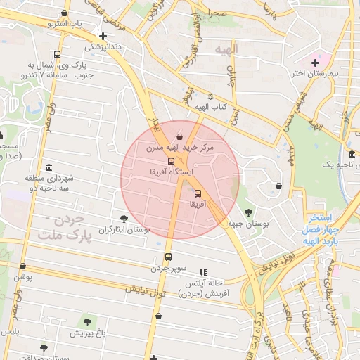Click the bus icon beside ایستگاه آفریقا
tap(172, 161)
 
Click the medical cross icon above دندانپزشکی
tap(103, 36)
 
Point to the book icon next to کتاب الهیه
tap(209, 96)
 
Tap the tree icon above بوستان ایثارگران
tap(124, 219)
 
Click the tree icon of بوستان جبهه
tap(248, 212)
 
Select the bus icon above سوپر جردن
tap(168, 257)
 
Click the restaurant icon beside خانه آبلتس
tap(203, 272)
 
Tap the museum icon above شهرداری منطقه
tap(49, 167)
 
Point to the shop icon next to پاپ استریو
tap(65, 13)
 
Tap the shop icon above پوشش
tap(23, 266)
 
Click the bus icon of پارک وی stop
tap(57, 54)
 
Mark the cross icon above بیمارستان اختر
tap(314, 63)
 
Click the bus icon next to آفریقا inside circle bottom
tap(197, 193)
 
